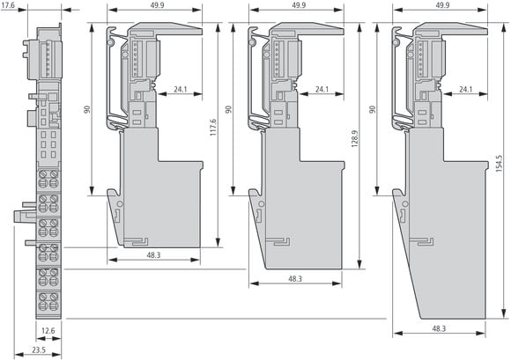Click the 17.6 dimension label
click(8, 5)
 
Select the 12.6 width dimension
click(48, 331)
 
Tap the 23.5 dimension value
click(39, 350)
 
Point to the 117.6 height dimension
click(212, 128)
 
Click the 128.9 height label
click(355, 139)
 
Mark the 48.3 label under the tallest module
click(439, 328)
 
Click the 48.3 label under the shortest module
click(153, 255)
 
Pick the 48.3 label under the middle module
click(295, 279)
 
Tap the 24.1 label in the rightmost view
click(466, 89)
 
